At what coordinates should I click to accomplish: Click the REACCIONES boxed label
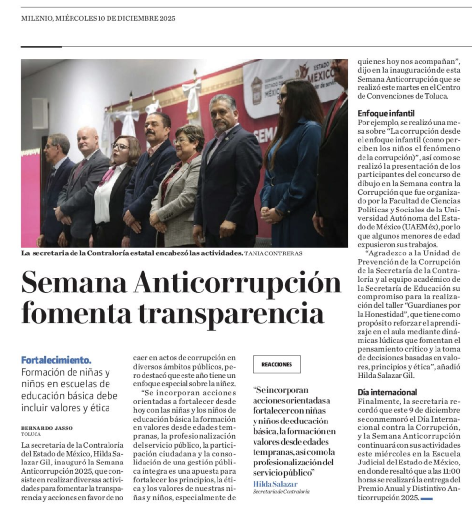[x=277, y=365]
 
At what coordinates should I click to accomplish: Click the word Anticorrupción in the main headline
[x=238, y=283]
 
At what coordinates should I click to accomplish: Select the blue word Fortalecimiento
[x=56, y=360]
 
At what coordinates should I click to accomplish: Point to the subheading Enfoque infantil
[x=386, y=113]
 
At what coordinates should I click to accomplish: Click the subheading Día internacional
[x=387, y=392]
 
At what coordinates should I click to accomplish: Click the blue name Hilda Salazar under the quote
[x=275, y=483]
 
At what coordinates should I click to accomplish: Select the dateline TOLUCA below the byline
[x=31, y=434]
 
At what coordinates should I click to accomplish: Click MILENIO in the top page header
[x=36, y=19]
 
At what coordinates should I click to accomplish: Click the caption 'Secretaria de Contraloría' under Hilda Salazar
[x=281, y=492]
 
